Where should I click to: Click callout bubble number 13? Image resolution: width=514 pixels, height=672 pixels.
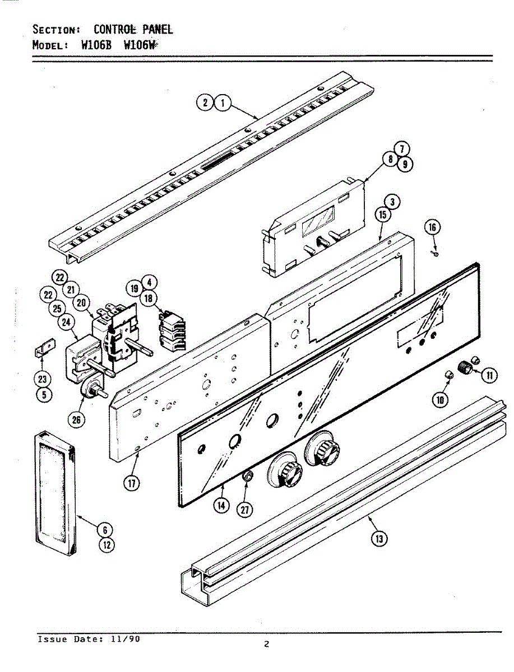(380, 539)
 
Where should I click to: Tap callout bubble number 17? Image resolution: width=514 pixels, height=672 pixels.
(132, 483)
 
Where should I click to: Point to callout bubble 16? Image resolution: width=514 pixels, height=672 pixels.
(432, 227)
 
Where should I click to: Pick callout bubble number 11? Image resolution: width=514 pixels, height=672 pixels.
(490, 375)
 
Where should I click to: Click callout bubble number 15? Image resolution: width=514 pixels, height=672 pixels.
(382, 215)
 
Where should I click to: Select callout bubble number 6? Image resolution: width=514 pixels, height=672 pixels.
(105, 529)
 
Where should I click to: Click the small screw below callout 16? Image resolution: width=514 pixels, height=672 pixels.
(436, 254)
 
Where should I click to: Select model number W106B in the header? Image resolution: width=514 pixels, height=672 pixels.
(98, 46)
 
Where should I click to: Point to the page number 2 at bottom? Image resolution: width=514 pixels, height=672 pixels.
(267, 644)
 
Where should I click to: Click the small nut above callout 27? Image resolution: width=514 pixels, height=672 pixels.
(247, 477)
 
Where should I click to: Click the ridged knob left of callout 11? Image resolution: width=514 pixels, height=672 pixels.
(464, 367)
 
